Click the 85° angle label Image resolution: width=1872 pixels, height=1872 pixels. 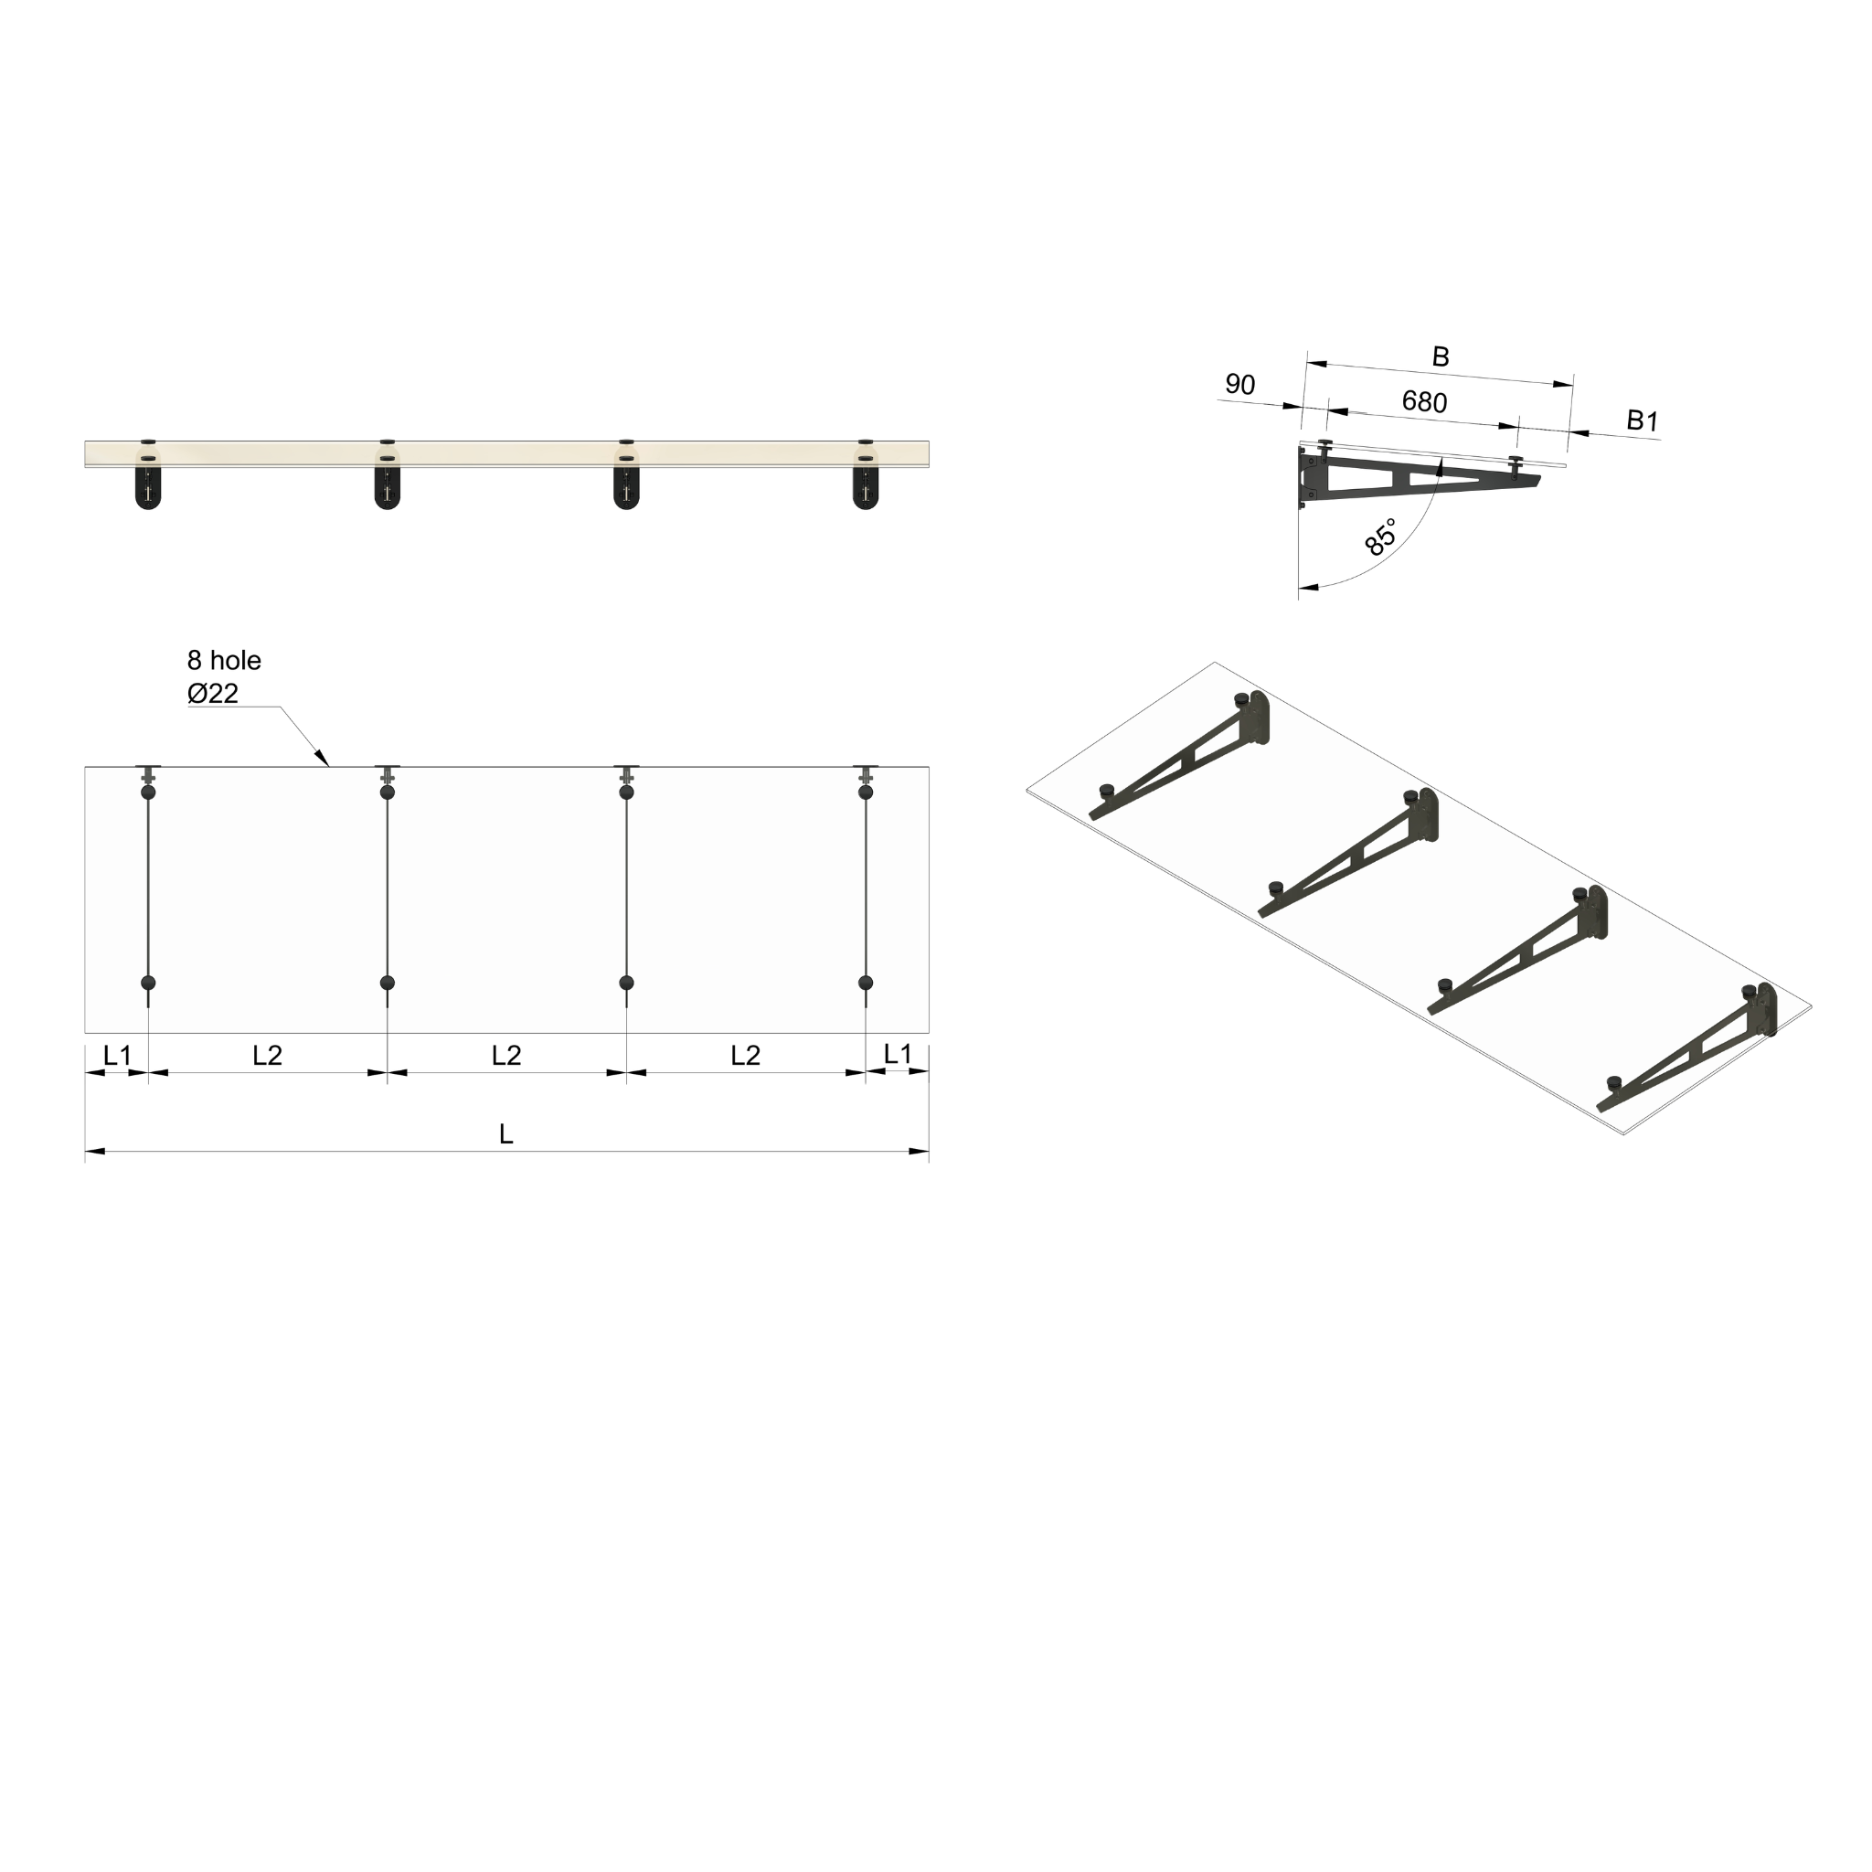pyautogui.click(x=1381, y=537)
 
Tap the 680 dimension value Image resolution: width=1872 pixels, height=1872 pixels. pyautogui.click(x=1423, y=401)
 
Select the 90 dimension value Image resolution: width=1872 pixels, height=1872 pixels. pyautogui.click(x=1239, y=385)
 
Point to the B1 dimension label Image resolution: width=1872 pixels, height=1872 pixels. pyautogui.click(x=1643, y=420)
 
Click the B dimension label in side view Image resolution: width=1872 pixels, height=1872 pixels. pyautogui.click(x=1440, y=356)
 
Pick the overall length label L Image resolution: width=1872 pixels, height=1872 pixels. pyautogui.click(x=505, y=1133)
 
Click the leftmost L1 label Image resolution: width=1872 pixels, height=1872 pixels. pyautogui.click(x=116, y=1054)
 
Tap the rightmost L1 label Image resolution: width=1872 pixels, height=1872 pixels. pyautogui.click(x=898, y=1053)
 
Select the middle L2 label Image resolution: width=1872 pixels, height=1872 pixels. pyautogui.click(x=505, y=1054)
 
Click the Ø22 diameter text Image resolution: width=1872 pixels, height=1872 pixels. pyautogui.click(x=212, y=694)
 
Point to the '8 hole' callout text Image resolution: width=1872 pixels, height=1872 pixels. pyautogui.click(x=224, y=661)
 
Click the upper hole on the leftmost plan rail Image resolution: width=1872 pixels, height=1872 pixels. pyautogui.click(x=148, y=792)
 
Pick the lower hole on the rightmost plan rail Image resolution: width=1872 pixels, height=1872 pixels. pyautogui.click(x=866, y=983)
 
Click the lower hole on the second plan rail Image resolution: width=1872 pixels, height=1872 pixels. pyautogui.click(x=388, y=983)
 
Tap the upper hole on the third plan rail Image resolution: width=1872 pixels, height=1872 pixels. pyautogui.click(x=627, y=792)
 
